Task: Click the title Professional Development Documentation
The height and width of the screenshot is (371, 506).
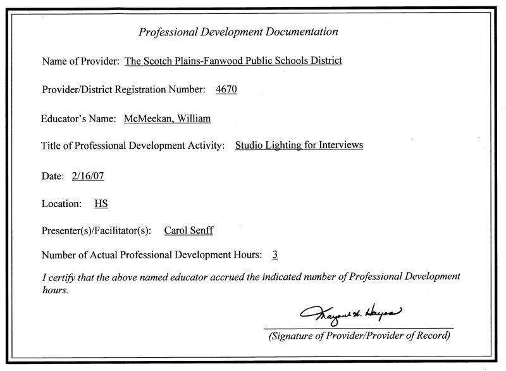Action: point(238,32)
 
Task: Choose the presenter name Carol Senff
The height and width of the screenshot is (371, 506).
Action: point(188,230)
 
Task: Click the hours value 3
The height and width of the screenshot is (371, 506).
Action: point(275,255)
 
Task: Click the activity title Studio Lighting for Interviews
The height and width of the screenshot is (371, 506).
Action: point(299,146)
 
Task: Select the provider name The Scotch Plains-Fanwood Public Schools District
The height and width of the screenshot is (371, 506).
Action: point(233,61)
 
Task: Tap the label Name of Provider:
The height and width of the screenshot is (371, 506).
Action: point(80,61)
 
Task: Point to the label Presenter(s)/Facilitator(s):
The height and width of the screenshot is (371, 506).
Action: point(96,231)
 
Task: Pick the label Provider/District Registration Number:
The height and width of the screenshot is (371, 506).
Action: point(123,90)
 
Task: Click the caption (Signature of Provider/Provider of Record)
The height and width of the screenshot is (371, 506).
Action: point(359,336)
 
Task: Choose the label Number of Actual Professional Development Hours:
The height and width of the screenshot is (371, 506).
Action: point(151,255)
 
